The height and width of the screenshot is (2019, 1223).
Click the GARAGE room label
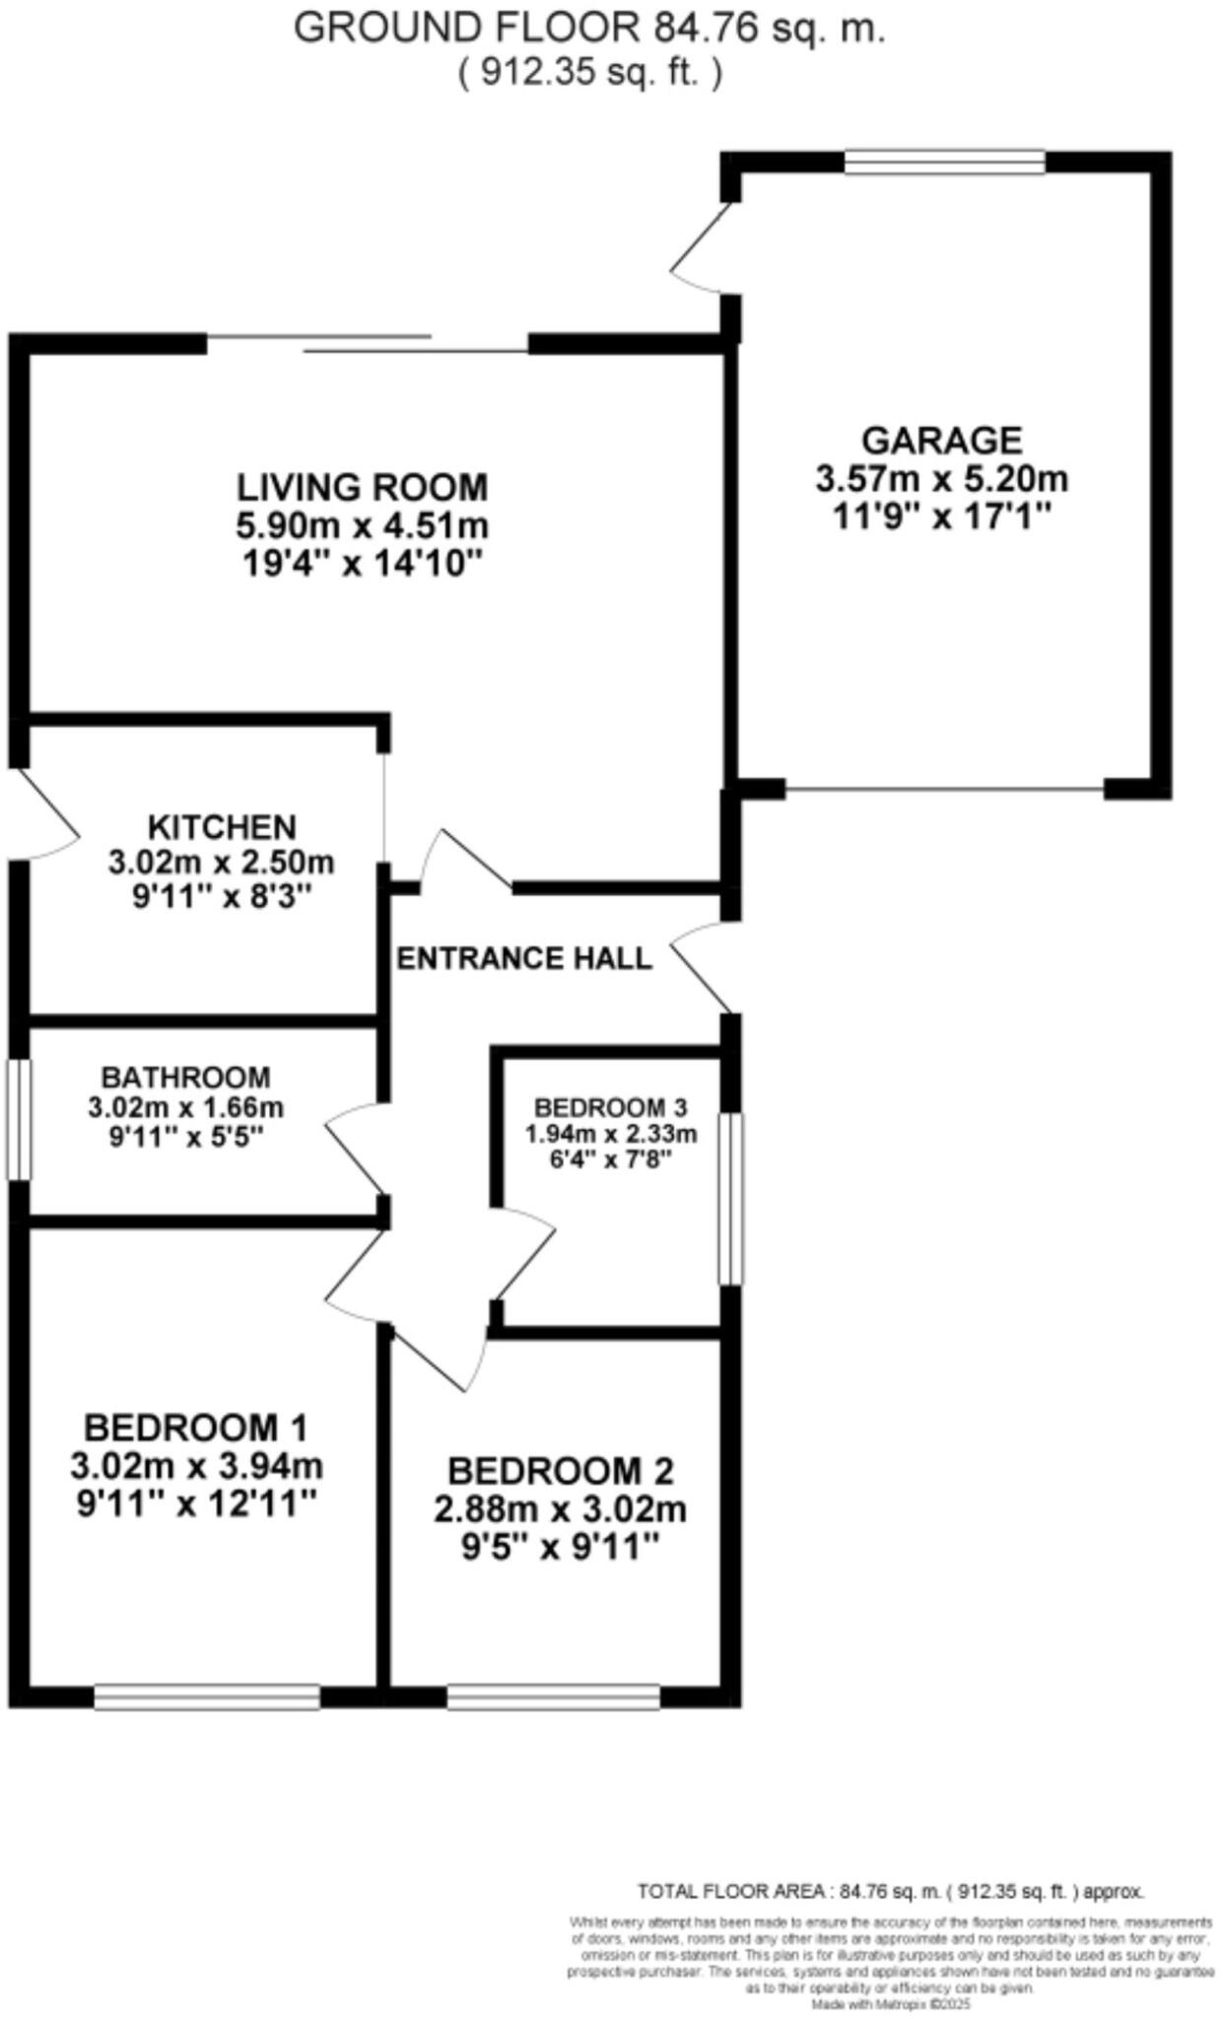pyautogui.click(x=941, y=440)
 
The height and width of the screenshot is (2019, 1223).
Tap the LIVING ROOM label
pyautogui.click(x=362, y=487)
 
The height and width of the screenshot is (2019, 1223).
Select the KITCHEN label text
pyautogui.click(x=221, y=826)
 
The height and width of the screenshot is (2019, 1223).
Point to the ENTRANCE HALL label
pyautogui.click(x=523, y=958)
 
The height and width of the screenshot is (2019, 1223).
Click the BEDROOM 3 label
pyautogui.click(x=610, y=1106)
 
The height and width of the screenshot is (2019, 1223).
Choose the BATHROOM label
pyautogui.click(x=185, y=1078)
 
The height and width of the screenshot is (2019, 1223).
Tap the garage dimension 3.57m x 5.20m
pyautogui.click(x=941, y=479)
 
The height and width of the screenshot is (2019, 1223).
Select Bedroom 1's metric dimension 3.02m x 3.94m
pyautogui.click(x=196, y=1466)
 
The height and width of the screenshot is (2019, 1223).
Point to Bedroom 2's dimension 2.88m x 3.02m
pyautogui.click(x=560, y=1509)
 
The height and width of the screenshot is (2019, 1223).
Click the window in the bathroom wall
pyautogui.click(x=19, y=1119)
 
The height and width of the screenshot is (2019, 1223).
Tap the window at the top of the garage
pyautogui.click(x=944, y=163)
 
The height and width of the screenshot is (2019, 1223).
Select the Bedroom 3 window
pyautogui.click(x=730, y=1199)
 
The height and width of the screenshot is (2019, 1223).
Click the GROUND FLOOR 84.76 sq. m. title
pyautogui.click(x=589, y=29)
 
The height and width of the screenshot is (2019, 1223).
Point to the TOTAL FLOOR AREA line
pyautogui.click(x=890, y=1892)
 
